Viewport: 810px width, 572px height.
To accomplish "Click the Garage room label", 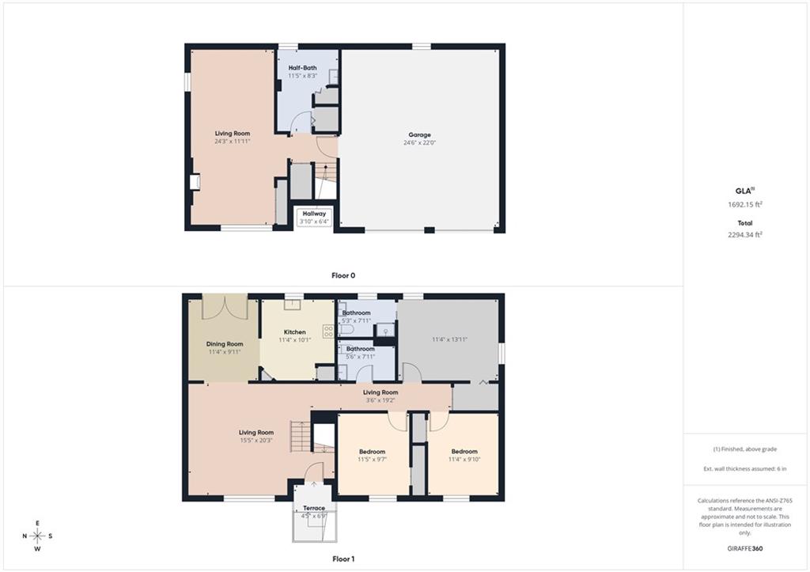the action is click(x=419, y=134).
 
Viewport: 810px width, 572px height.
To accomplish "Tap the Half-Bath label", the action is click(x=303, y=68).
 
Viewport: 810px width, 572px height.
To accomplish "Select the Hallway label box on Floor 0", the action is click(x=314, y=217).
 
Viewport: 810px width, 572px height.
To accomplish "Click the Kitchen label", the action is click(x=295, y=332).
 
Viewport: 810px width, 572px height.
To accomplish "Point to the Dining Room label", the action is click(x=225, y=344).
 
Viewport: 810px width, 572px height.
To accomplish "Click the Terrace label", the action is click(x=314, y=508).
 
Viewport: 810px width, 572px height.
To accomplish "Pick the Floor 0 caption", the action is click(x=343, y=275).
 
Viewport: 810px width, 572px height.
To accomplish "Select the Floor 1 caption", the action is click(x=343, y=559).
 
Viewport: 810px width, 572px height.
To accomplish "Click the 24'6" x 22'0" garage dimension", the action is click(x=419, y=142).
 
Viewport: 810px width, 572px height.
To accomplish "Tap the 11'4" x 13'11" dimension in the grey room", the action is click(x=449, y=339).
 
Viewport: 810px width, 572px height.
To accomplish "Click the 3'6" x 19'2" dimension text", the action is click(x=380, y=400).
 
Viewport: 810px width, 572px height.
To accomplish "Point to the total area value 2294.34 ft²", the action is click(x=745, y=235).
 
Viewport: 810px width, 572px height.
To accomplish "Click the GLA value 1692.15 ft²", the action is click(x=745, y=204).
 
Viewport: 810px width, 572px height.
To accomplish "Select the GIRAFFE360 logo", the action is click(x=745, y=549).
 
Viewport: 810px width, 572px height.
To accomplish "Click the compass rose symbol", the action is click(x=38, y=536).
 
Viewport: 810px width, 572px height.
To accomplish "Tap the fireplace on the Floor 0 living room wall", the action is click(x=195, y=183).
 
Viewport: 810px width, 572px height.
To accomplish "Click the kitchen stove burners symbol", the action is click(x=328, y=331).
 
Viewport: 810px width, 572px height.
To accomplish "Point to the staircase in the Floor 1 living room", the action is click(x=301, y=437).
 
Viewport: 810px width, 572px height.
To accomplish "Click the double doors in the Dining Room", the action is click(x=225, y=308).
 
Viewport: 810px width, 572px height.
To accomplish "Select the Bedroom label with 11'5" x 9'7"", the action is click(x=373, y=452).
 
